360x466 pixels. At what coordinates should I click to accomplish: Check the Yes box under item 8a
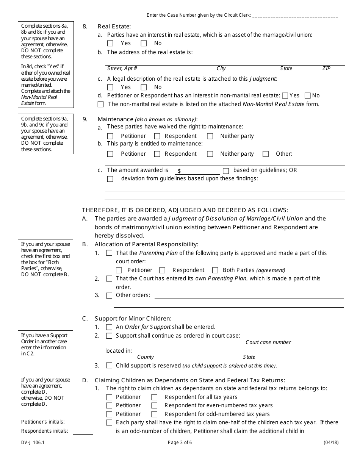110,44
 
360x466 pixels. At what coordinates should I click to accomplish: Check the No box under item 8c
144,87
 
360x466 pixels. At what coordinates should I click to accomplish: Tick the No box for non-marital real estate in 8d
308,96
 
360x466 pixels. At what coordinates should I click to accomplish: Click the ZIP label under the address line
326,69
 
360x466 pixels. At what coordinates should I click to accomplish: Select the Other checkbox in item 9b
266,154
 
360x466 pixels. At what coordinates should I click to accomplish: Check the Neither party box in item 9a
210,136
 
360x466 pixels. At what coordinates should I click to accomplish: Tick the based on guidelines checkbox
226,171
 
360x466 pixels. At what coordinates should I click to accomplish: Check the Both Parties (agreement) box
215,271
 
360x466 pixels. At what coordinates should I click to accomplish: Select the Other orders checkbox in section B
109,296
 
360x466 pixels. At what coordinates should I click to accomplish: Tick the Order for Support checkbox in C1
109,327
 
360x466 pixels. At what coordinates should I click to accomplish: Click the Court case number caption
268,342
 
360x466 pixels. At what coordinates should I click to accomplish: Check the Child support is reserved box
109,366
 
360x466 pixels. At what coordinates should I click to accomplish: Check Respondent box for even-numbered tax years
155,406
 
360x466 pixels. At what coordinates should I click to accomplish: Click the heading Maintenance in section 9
115,119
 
